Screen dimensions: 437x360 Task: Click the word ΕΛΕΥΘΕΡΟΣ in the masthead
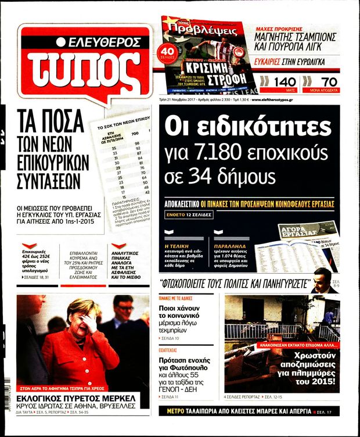[x=103, y=42]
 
